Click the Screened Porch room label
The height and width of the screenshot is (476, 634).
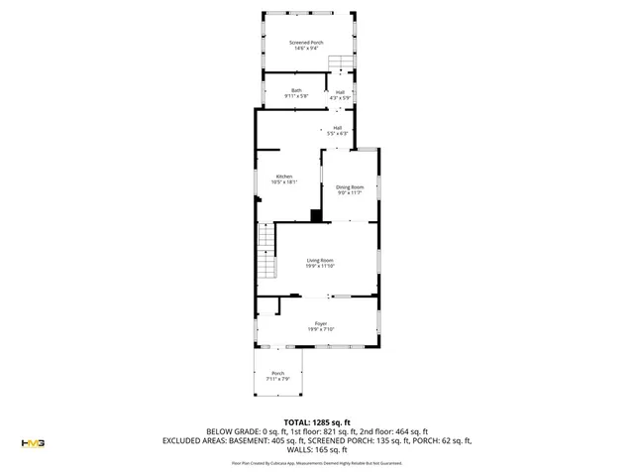(x=305, y=43)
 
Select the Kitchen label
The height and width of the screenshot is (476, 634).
(x=283, y=177)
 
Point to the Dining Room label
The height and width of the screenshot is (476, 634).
(x=350, y=186)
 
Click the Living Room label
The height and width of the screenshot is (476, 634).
(x=319, y=260)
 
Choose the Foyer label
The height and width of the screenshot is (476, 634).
(x=320, y=323)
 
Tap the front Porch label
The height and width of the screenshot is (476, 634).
(x=277, y=374)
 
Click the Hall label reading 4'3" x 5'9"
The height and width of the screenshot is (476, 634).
(x=340, y=91)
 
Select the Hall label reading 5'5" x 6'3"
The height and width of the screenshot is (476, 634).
(x=337, y=128)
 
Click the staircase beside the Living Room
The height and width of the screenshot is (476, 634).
(x=264, y=252)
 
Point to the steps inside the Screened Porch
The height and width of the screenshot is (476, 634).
(x=341, y=65)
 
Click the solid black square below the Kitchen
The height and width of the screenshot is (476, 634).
(x=315, y=215)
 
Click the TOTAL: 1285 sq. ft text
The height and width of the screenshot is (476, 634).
(x=317, y=421)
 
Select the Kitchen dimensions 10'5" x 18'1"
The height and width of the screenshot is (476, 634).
(x=283, y=182)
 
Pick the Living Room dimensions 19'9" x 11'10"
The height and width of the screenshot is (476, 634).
(x=319, y=266)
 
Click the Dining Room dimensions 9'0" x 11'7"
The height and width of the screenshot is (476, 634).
(x=350, y=192)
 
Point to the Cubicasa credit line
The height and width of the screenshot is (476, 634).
(x=317, y=462)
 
